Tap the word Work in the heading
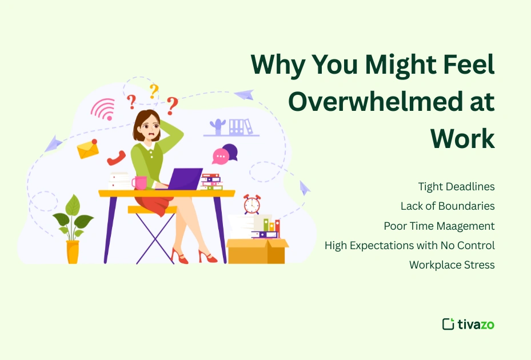pyautogui.click(x=462, y=138)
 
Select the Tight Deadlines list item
pyautogui.click(x=456, y=187)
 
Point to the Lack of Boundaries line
pyautogui.click(x=448, y=206)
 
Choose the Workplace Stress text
pyautogui.click(x=452, y=265)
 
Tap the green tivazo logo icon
pyautogui.click(x=448, y=324)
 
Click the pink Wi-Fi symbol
pyautogui.click(x=103, y=109)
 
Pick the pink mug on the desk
pyautogui.click(x=139, y=182)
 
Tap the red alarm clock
pyautogui.click(x=251, y=204)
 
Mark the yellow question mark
pyautogui.click(x=153, y=91)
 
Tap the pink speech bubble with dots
pyautogui.click(x=220, y=156)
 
